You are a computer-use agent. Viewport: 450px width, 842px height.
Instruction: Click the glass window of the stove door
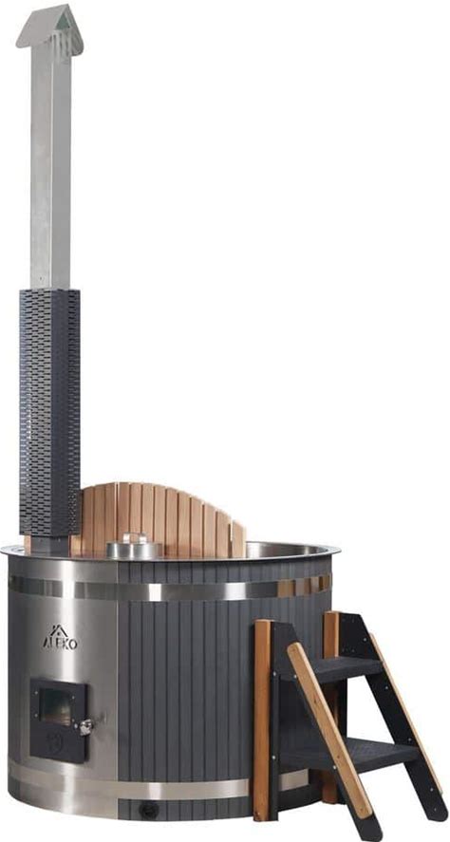tap(56, 706)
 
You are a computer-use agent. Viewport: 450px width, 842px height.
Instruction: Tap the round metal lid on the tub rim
tap(134, 547)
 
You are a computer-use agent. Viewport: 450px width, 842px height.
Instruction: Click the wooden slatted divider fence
tap(161, 519)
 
